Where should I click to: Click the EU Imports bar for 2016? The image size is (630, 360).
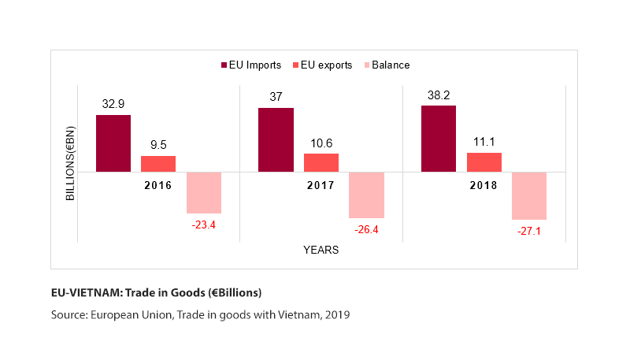tap(113, 143)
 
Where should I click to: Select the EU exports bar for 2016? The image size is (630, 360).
tap(158, 163)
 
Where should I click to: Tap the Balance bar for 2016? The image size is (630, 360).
tap(203, 192)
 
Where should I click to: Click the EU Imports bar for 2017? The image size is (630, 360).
tap(276, 139)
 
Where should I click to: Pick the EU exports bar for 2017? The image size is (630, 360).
tap(321, 162)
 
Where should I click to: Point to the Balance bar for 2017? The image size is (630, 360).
tap(366, 195)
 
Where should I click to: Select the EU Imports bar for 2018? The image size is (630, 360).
tap(439, 138)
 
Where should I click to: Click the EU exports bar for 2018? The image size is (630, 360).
tap(484, 161)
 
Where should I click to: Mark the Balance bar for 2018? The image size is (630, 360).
tap(529, 195)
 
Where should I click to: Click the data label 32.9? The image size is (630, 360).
tap(113, 103)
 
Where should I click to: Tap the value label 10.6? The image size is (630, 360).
tap(321, 142)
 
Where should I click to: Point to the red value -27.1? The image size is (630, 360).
tap(529, 232)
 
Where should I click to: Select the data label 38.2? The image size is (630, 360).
tap(439, 95)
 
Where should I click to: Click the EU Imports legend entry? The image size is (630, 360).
tap(249, 65)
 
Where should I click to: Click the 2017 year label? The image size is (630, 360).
tap(321, 186)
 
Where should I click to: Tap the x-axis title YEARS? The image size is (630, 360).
tap(321, 250)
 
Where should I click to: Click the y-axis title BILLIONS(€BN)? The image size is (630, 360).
tap(69, 162)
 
